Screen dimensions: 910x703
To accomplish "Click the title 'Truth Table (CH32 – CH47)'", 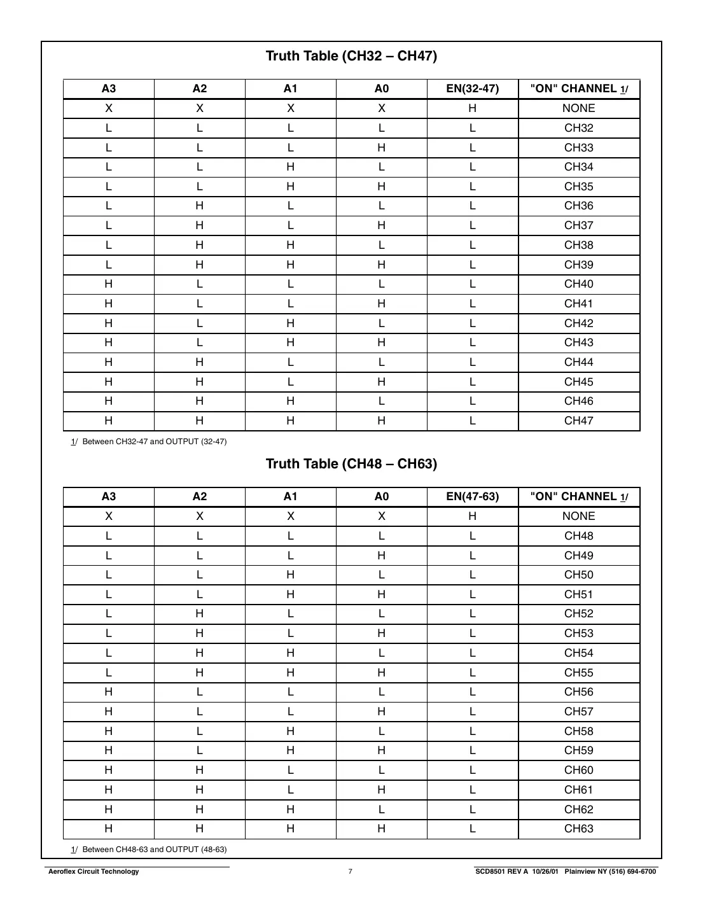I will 351,56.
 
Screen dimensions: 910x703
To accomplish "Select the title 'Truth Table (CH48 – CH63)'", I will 351,464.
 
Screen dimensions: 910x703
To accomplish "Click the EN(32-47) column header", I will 472,89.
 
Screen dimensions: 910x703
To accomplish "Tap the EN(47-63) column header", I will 472,497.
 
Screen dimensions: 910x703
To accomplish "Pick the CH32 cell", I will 578,128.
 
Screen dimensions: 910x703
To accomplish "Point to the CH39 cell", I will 578,265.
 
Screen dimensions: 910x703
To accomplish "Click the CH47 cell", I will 578,421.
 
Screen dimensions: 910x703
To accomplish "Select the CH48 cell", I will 578,536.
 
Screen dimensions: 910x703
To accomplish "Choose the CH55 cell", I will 578,673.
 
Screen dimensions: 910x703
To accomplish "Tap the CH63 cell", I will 578,829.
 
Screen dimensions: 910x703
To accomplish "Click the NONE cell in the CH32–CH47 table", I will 578,108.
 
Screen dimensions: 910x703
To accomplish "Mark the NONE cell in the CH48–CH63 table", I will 578,516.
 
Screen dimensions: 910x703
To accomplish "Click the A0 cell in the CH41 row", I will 381,304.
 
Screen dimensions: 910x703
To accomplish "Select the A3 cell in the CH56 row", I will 109,692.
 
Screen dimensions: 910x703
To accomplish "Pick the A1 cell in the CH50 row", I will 290,575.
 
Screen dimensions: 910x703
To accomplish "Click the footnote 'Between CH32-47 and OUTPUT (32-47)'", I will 154,442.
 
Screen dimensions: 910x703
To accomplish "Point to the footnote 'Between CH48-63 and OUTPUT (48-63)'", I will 154,850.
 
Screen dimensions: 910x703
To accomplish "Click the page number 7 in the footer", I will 350,872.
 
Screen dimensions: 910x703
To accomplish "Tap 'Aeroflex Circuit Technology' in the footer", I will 94,872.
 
